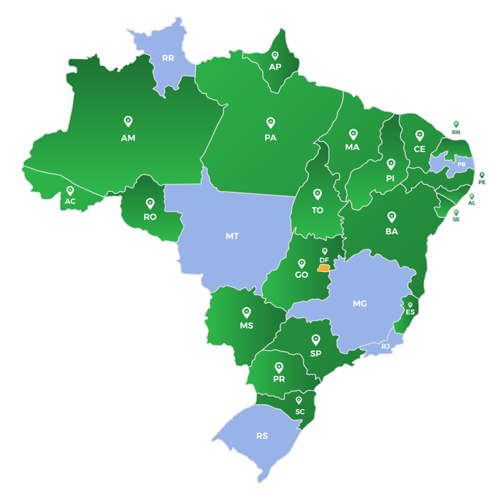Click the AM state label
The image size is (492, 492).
(128, 138)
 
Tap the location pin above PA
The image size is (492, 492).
(270, 122)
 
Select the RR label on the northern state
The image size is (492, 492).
(168, 58)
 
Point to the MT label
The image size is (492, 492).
(232, 236)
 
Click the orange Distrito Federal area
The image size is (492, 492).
(323, 268)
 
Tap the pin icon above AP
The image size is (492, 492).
(275, 55)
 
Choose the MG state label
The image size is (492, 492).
(360, 304)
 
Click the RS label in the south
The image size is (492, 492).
(262, 436)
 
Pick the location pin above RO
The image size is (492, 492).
(150, 203)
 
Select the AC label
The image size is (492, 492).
(70, 202)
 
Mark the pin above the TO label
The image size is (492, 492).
(318, 194)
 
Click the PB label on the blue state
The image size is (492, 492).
(461, 164)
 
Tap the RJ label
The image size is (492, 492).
(385, 347)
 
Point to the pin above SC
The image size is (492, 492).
(299, 401)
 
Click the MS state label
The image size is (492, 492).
(246, 326)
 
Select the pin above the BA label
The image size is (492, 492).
(391, 216)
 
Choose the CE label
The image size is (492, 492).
(420, 149)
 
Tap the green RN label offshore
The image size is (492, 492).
(456, 132)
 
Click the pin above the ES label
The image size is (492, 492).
(410, 305)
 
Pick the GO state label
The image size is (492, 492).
(302, 275)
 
